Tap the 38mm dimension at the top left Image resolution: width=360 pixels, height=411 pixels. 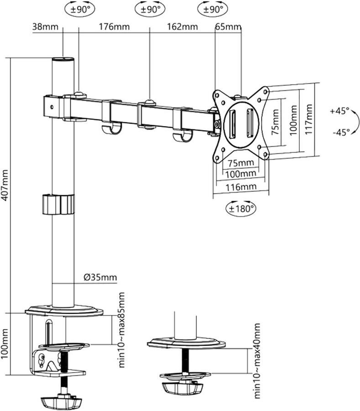pos(45,26)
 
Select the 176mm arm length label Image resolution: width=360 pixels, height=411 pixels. pos(114,26)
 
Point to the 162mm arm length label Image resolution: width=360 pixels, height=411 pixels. pos(182,26)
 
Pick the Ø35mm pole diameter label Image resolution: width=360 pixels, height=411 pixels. pos(100,277)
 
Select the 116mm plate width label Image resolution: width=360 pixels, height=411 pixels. pos(240,186)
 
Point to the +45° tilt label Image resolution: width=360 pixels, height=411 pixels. pos(339,111)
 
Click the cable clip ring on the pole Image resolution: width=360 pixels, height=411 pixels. pos(58,204)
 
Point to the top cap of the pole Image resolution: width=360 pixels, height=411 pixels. pos(63,60)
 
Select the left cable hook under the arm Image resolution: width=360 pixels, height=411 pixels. pos(111,129)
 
